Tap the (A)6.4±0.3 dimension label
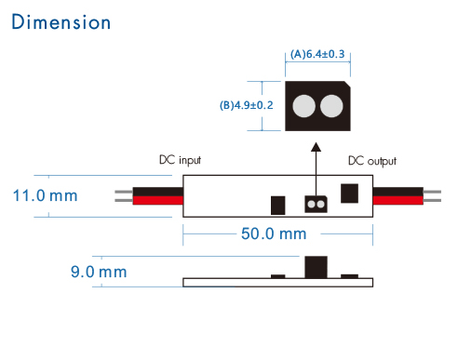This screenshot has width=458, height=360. point(318,54)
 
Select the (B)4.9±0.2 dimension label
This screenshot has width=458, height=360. point(247,105)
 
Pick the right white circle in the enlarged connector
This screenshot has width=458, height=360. point(330,108)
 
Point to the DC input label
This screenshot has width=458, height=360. point(179,160)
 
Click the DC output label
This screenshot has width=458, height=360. point(371,160)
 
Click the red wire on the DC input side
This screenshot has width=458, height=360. point(158,201)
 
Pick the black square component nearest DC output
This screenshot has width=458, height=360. point(350,193)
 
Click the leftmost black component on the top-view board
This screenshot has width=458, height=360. point(276,205)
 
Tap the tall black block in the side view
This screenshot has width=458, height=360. point(315,267)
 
